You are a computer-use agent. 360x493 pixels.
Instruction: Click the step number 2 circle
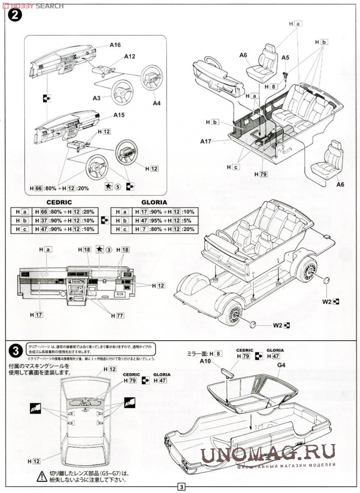click(x=15, y=15)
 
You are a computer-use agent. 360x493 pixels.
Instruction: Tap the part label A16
click(x=115, y=45)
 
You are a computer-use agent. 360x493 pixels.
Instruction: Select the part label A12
click(x=130, y=57)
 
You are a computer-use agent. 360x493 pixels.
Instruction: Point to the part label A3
click(x=97, y=98)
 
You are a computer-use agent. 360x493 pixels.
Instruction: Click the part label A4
click(x=157, y=102)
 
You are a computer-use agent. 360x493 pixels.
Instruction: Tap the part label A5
click(x=285, y=58)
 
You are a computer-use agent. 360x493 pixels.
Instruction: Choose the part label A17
click(x=206, y=141)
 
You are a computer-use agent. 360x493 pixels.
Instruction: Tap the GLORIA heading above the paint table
click(x=154, y=203)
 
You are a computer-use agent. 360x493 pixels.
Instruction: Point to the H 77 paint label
click(x=117, y=316)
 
